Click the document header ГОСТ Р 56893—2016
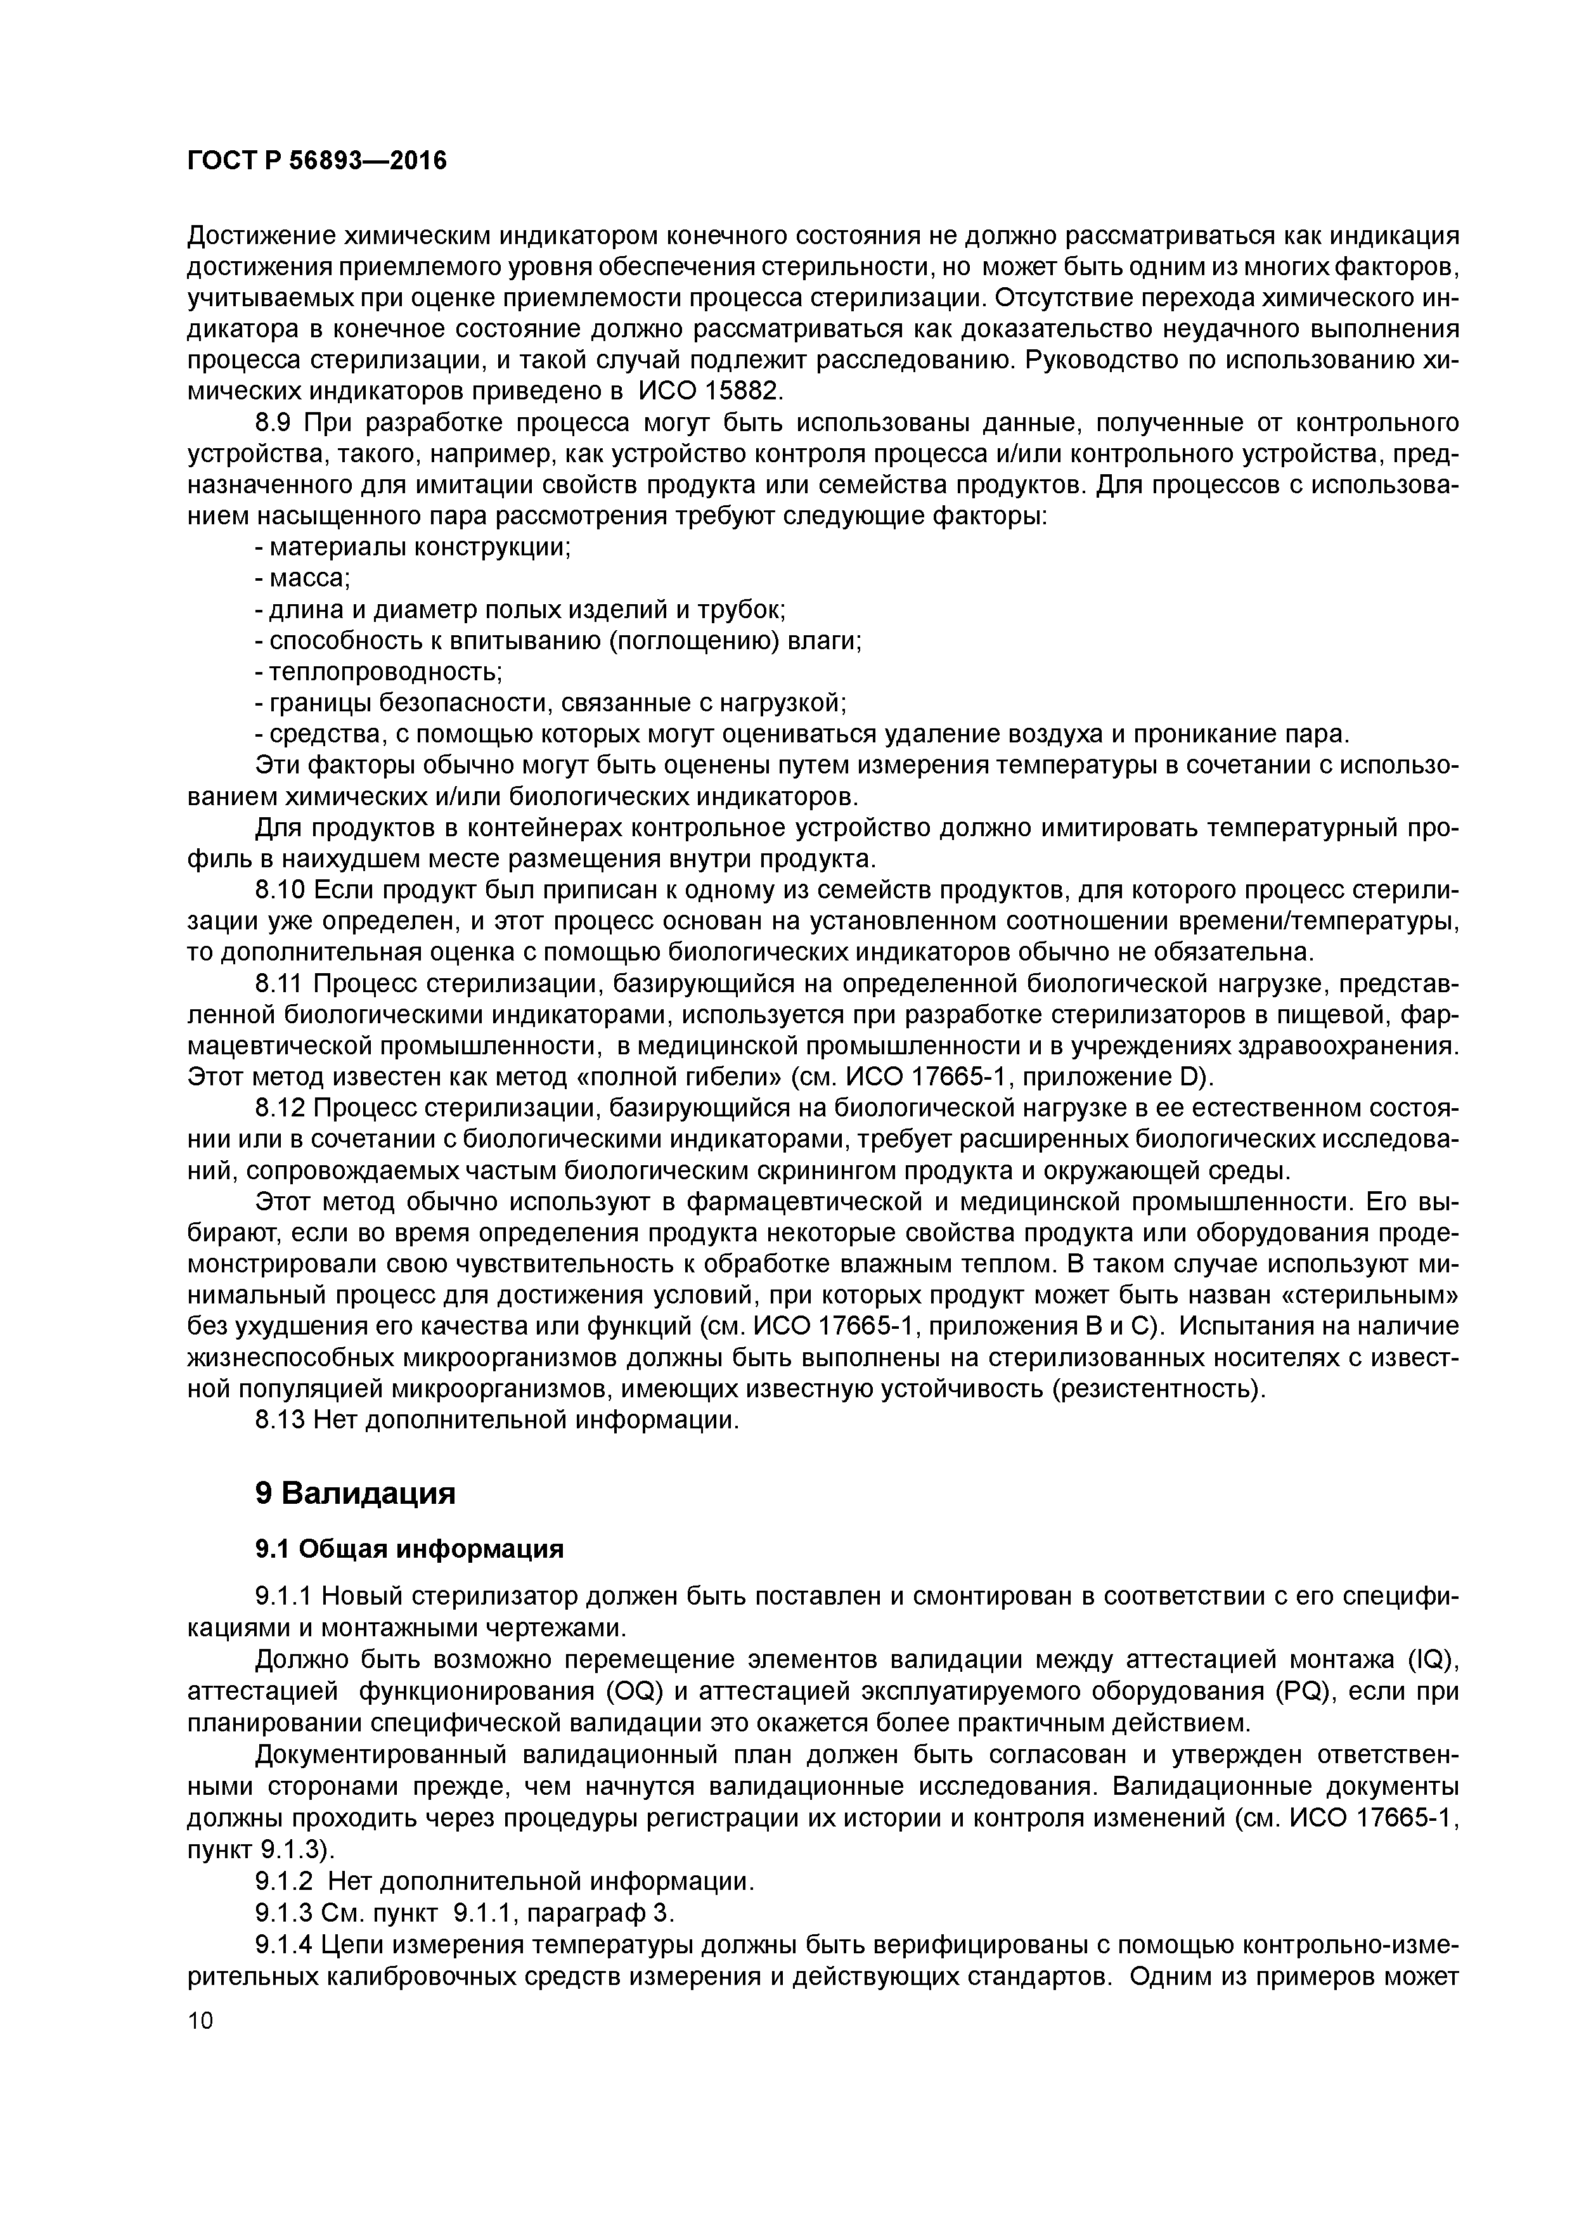(317, 160)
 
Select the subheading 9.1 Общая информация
(409, 1549)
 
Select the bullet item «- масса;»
(301, 578)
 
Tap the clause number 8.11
(281, 983)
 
